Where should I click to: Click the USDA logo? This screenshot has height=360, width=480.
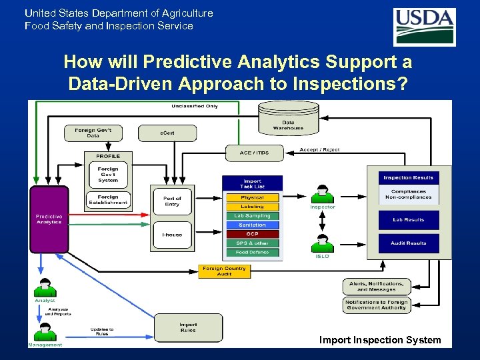425,27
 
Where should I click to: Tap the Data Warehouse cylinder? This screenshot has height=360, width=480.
288,119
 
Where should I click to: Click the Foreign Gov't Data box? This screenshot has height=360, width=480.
93,133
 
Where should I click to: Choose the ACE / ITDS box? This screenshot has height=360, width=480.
254,153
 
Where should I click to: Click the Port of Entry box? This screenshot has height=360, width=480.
172,201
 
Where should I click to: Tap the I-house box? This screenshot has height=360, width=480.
172,235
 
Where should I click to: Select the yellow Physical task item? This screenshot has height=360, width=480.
252,197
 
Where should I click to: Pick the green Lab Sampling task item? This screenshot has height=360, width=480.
252,216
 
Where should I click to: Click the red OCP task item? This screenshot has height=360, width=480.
252,234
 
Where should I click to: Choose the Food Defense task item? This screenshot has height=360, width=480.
252,253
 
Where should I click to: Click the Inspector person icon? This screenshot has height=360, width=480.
323,194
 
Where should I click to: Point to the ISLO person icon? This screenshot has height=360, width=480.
323,244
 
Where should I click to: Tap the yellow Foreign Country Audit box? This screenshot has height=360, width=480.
225,271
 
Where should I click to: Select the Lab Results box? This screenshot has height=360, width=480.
408,219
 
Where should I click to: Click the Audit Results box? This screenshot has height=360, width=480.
408,243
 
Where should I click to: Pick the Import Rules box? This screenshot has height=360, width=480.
188,327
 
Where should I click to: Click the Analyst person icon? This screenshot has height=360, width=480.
45,288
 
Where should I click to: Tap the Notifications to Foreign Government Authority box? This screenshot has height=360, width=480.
376,305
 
